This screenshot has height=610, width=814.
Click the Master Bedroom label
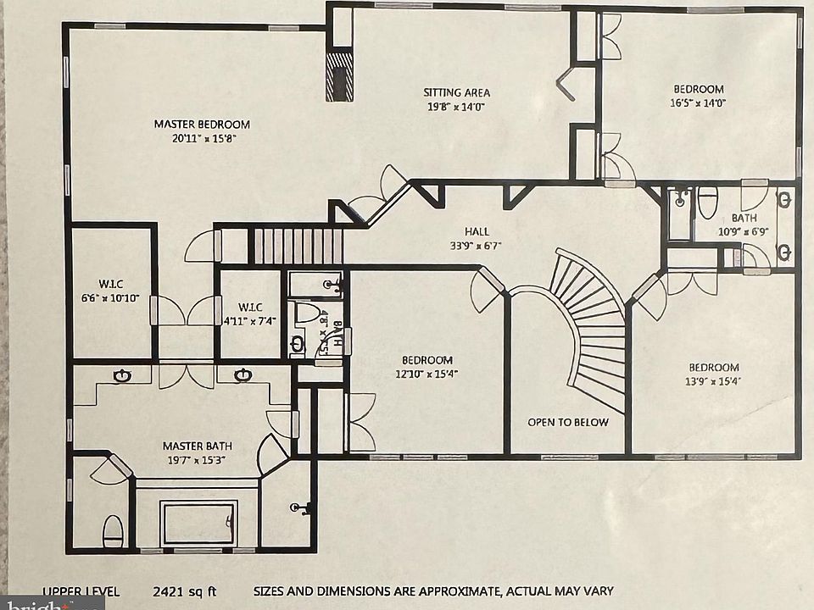pyautogui.click(x=202, y=124)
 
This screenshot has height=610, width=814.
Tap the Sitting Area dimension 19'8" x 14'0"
pyautogui.click(x=456, y=107)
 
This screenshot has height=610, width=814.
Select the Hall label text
pyautogui.click(x=477, y=231)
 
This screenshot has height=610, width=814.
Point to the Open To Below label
pyautogui.click(x=567, y=422)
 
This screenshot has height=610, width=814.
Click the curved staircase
pyautogui.click(x=594, y=322)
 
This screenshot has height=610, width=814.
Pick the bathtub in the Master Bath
pyautogui.click(x=198, y=524)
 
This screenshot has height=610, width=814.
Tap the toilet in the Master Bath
pyautogui.click(x=113, y=531)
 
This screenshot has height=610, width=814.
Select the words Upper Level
pyautogui.click(x=81, y=591)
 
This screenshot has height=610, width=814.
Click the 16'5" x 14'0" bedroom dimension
pyautogui.click(x=698, y=103)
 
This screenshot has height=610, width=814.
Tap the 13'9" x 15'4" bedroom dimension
pyautogui.click(x=713, y=381)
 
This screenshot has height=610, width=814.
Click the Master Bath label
pyautogui.click(x=197, y=446)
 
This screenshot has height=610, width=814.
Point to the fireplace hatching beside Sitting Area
pyautogui.click(x=340, y=77)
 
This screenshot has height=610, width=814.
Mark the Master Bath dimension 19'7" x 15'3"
pyautogui.click(x=197, y=459)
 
